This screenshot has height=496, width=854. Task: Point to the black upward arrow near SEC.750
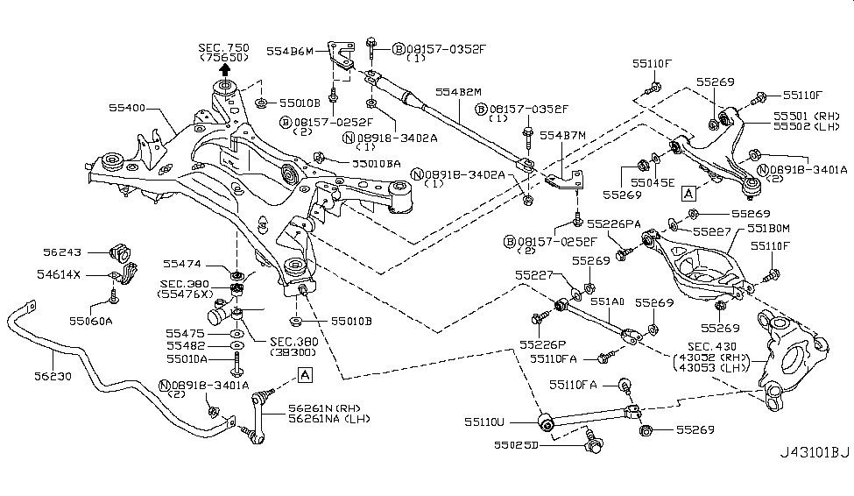pos(225,69)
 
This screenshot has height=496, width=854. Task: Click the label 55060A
pos(90,320)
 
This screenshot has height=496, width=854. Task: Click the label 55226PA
pos(614,223)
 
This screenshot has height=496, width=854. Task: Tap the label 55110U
pos(491,422)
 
